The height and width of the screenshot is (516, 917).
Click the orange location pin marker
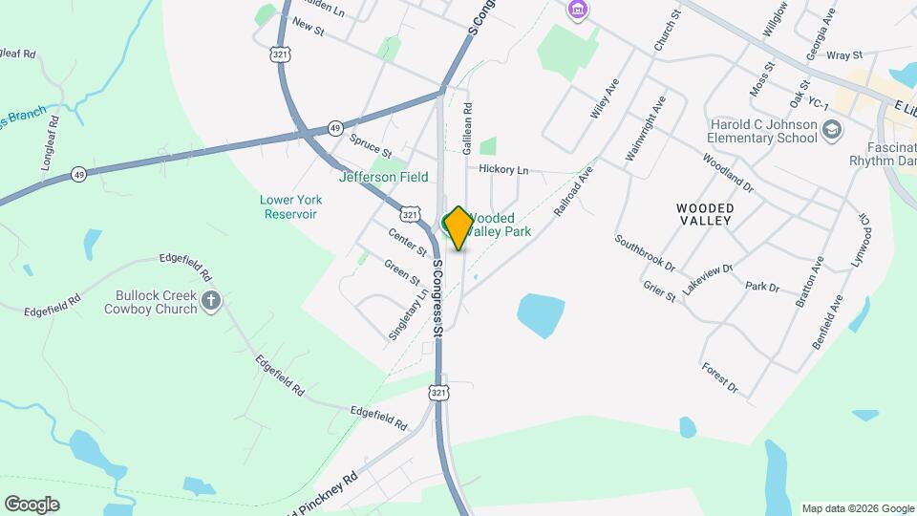(x=458, y=228)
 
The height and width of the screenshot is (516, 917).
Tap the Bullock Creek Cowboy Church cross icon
(x=211, y=303)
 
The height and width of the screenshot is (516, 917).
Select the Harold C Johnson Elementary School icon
(x=831, y=130)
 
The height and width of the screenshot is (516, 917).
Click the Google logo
(x=32, y=505)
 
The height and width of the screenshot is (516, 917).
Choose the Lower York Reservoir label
(x=290, y=206)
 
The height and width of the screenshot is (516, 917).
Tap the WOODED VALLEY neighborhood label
(x=704, y=214)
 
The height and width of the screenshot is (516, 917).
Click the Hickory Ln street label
(x=503, y=169)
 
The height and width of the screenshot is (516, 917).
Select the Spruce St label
(x=371, y=145)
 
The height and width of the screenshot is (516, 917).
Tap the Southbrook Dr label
(x=645, y=253)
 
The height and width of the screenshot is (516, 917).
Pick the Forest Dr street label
(x=719, y=377)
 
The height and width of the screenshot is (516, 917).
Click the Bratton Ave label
(x=808, y=282)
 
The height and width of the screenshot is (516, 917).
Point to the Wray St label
(x=844, y=55)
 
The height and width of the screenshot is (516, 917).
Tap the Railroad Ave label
(x=573, y=189)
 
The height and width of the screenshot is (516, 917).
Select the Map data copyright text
(x=857, y=508)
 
